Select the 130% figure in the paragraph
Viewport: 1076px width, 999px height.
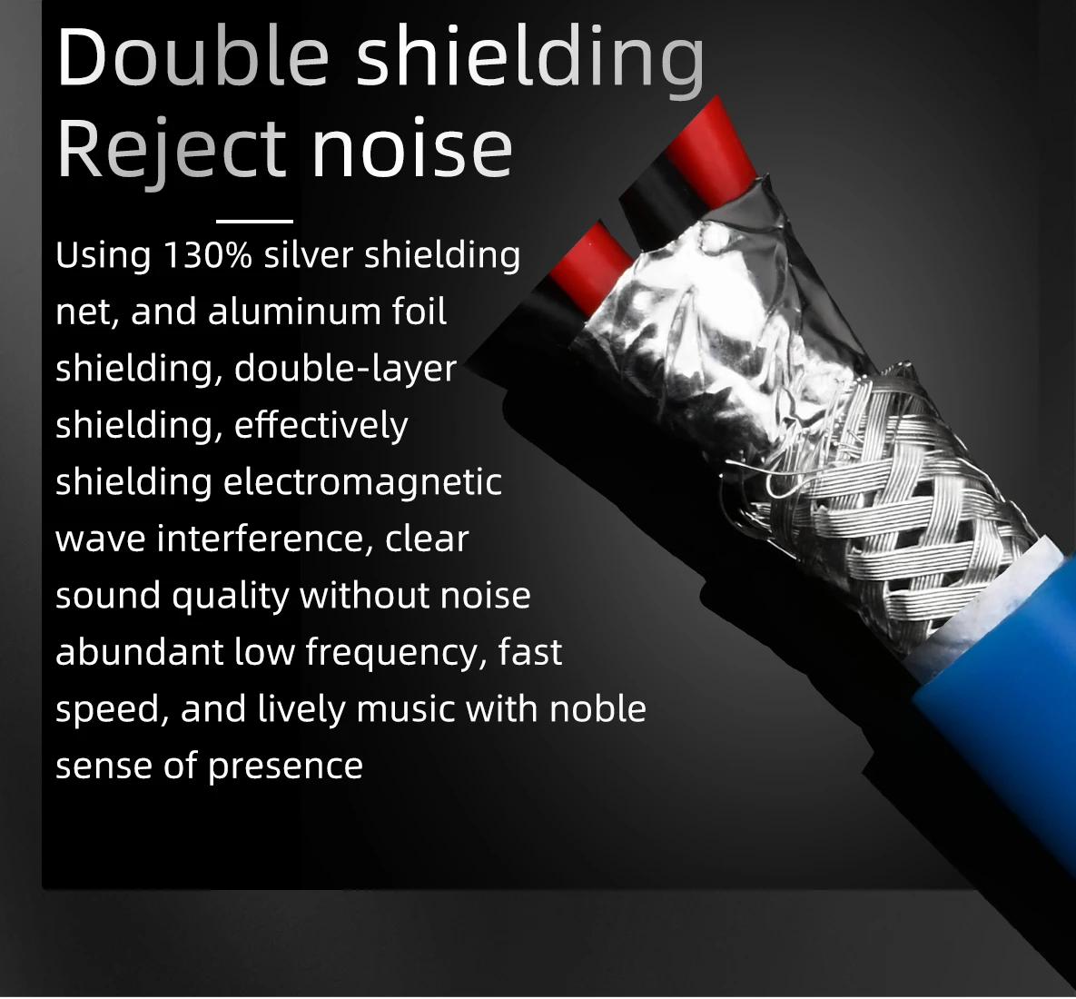tap(207, 255)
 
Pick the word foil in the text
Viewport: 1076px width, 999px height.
tap(420, 312)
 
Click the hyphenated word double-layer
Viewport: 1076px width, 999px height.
tap(345, 370)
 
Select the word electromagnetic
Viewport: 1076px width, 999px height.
tap(362, 482)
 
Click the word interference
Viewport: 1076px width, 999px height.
tap(262, 539)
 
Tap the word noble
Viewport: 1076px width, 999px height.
tap(598, 709)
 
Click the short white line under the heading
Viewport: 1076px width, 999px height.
tap(254, 221)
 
